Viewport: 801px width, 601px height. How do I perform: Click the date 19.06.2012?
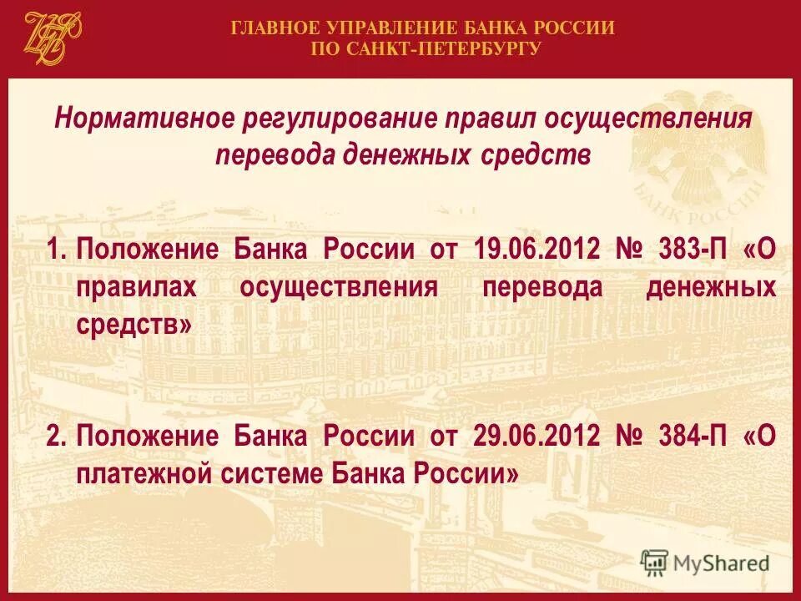coord(536,250)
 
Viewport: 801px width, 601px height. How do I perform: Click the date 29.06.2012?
coord(536,436)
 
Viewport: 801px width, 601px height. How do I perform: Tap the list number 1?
coord(54,250)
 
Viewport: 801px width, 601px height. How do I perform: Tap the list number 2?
coord(54,436)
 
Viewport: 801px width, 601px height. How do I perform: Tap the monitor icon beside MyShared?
coord(655,562)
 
